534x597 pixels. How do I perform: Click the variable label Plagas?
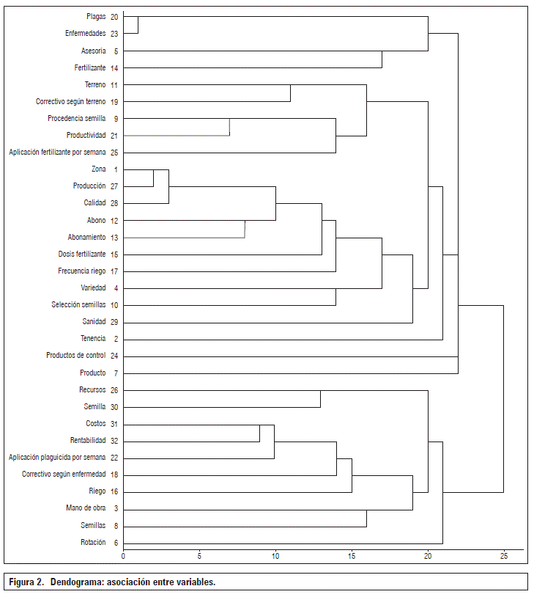pos(96,16)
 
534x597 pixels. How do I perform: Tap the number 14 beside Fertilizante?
pos(114,67)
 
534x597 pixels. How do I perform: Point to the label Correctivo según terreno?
pos(71,101)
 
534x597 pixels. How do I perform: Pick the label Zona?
pos(99,169)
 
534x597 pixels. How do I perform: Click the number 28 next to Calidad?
pos(114,203)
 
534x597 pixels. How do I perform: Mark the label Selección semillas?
pos(78,304)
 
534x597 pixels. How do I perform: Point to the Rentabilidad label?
pos(88,441)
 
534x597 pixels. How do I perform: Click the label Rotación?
pos(93,542)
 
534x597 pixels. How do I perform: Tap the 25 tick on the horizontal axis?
pos(503,557)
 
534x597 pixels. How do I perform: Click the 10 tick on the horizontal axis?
pos(275,557)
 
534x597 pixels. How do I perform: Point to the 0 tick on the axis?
pos(123,557)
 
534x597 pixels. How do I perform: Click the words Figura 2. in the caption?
pos(27,582)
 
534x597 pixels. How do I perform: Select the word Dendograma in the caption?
pos(77,582)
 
